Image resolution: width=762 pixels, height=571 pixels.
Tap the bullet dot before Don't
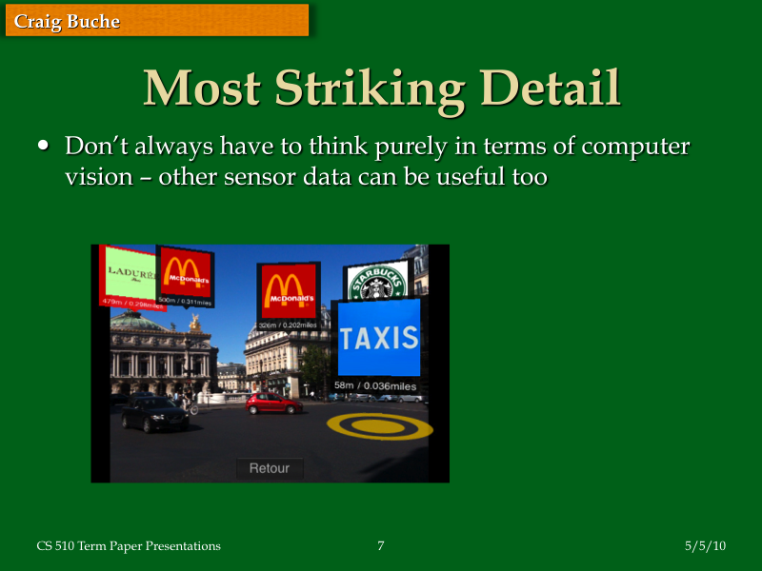(43, 147)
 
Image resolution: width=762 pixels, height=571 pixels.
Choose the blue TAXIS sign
(379, 337)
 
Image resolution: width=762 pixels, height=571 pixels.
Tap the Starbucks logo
(375, 282)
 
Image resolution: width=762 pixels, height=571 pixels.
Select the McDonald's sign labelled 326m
(287, 289)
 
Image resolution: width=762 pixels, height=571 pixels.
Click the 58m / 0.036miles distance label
(375, 385)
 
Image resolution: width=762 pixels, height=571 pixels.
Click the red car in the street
(273, 403)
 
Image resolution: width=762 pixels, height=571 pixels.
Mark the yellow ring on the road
(379, 425)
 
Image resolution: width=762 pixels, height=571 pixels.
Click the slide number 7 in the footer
(381, 545)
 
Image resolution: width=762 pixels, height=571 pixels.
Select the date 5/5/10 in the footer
(705, 545)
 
